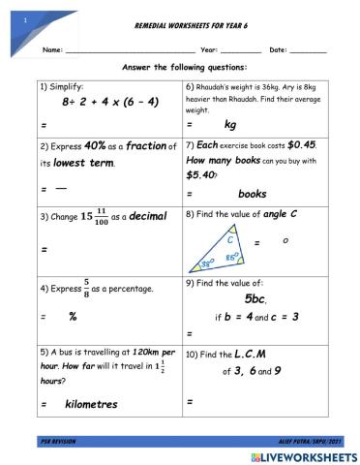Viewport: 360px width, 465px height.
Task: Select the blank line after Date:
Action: pyautogui.click(x=308, y=51)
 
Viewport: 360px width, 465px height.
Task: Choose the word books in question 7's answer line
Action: pyautogui.click(x=252, y=194)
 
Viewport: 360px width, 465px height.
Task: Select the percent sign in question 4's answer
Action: pyautogui.click(x=73, y=316)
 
